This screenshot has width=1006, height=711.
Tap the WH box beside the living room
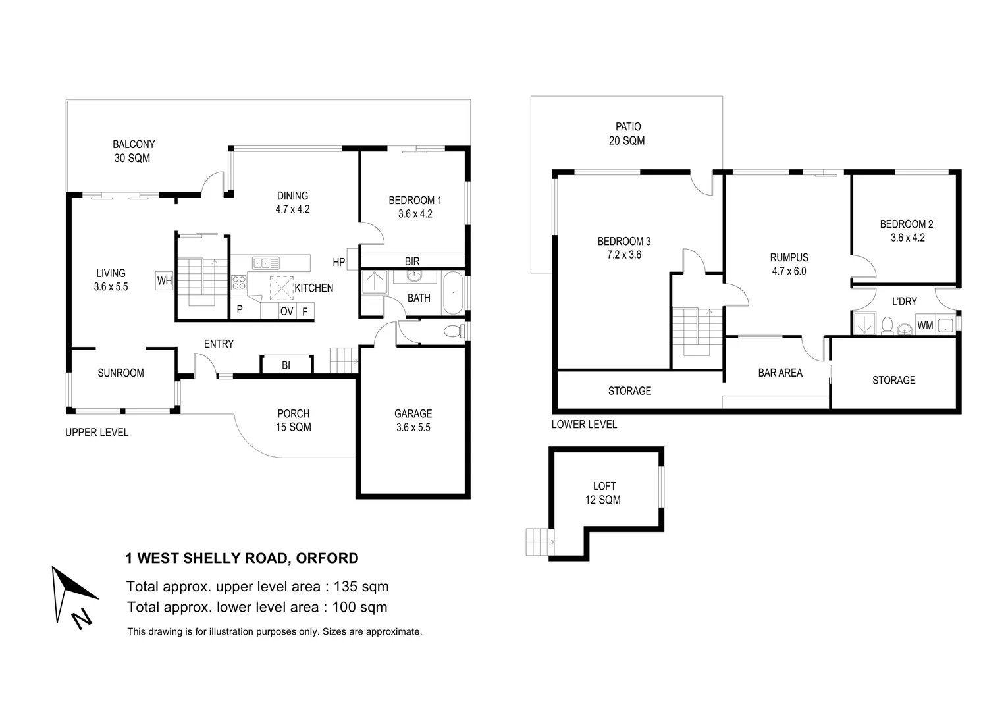[x=164, y=280]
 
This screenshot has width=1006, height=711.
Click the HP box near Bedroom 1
[x=352, y=259]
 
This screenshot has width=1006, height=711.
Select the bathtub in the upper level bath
[x=453, y=293]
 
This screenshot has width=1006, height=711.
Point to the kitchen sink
[x=266, y=263]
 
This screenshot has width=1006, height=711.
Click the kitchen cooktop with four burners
[x=238, y=283]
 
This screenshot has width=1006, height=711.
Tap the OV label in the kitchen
[x=286, y=311]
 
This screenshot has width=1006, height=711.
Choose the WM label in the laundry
[x=925, y=325]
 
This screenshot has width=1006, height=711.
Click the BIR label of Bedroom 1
[x=412, y=261]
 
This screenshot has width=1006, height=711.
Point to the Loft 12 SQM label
[x=603, y=492]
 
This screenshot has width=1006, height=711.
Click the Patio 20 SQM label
[x=627, y=134]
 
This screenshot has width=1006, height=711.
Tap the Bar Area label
[x=780, y=373]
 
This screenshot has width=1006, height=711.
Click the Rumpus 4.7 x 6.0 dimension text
[x=789, y=271]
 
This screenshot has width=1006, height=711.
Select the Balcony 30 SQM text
[x=133, y=151]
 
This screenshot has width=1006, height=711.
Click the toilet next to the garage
[x=454, y=331]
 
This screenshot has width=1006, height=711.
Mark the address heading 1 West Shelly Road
[x=242, y=558]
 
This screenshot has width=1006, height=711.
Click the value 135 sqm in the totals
[x=361, y=586]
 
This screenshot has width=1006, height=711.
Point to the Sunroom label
[x=120, y=373]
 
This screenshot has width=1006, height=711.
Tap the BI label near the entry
[x=286, y=365]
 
